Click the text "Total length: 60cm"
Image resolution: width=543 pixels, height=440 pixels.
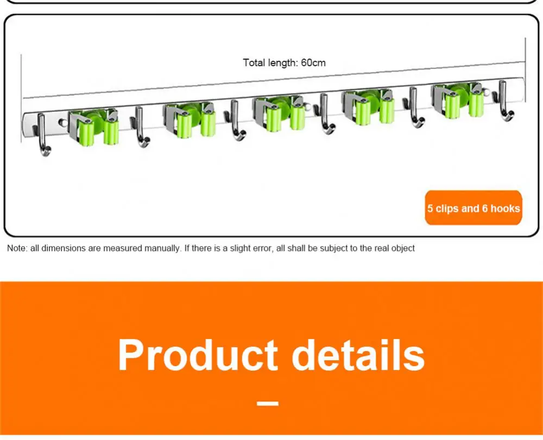coord(284,62)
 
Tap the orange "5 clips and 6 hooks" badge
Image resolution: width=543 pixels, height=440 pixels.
coord(473,208)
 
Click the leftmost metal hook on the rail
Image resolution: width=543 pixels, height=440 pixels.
coord(42,136)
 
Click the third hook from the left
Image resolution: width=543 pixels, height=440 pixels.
coord(236,121)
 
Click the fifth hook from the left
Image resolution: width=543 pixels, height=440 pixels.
coord(415,108)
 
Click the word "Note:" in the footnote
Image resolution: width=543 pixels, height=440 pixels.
coord(17,248)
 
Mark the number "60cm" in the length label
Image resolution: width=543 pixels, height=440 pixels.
coord(313,62)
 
